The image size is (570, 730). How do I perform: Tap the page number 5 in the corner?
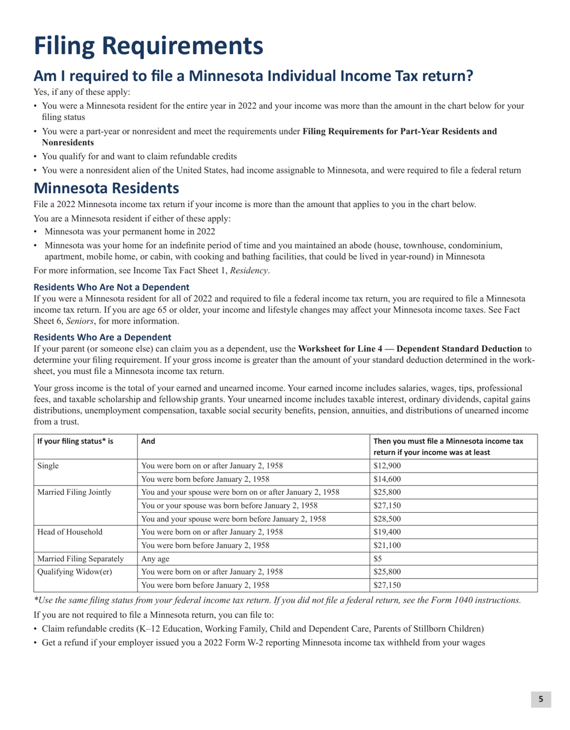(x=541, y=699)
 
